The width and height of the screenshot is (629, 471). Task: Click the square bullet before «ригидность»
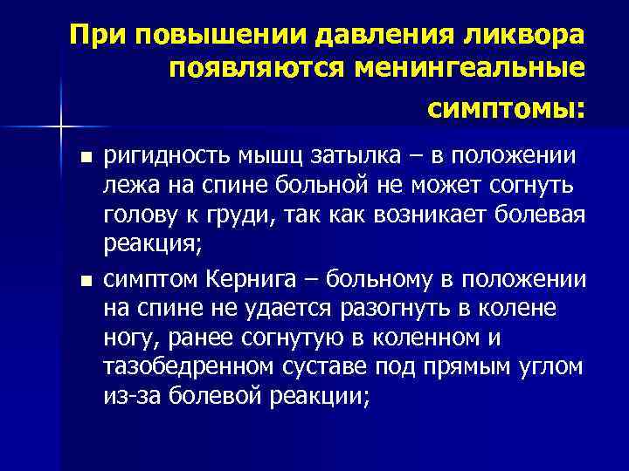(x=85, y=157)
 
